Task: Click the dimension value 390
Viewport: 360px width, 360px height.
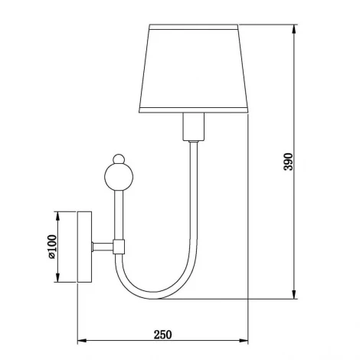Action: click(x=289, y=163)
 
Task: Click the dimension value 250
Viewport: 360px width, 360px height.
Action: click(x=162, y=334)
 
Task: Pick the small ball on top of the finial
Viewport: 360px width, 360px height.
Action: click(x=117, y=159)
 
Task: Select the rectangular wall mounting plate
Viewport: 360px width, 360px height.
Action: click(x=84, y=247)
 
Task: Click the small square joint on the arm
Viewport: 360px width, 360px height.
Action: click(x=119, y=247)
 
